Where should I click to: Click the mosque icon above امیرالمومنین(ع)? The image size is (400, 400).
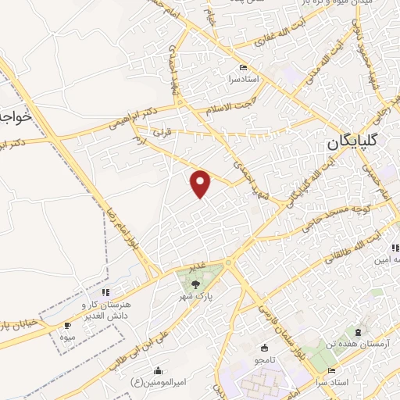[159, 370]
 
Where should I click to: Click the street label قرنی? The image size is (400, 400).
[162, 133]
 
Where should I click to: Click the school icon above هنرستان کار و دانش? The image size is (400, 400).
[105, 292]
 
